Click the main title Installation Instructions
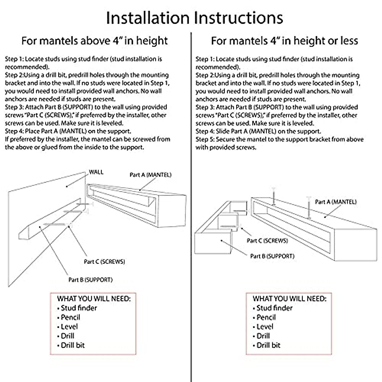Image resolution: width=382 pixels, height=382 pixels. point(194,18)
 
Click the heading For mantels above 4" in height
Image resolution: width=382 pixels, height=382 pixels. point(95,41)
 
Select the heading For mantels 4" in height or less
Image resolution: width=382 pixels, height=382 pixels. point(284,41)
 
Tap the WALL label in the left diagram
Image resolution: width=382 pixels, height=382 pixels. point(96,172)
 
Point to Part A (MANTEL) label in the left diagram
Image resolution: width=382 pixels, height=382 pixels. point(150,175)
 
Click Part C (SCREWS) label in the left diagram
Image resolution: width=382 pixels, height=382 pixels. point(104,262)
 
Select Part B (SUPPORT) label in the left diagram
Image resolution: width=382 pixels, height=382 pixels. point(90,280)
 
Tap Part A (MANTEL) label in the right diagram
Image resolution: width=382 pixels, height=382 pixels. point(336,202)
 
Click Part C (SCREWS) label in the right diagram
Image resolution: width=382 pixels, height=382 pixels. point(267,241)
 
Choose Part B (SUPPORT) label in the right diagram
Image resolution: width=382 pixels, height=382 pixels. point(272,256)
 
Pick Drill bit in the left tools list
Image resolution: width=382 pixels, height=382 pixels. point(73,345)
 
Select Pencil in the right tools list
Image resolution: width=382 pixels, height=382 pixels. point(266,317)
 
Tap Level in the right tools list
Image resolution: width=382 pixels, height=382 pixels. point(265,327)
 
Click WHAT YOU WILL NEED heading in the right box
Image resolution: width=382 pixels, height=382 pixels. point(289,299)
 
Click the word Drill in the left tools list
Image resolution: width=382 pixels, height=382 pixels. point(67,336)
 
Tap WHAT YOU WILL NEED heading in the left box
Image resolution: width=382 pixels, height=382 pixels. point(94,299)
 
